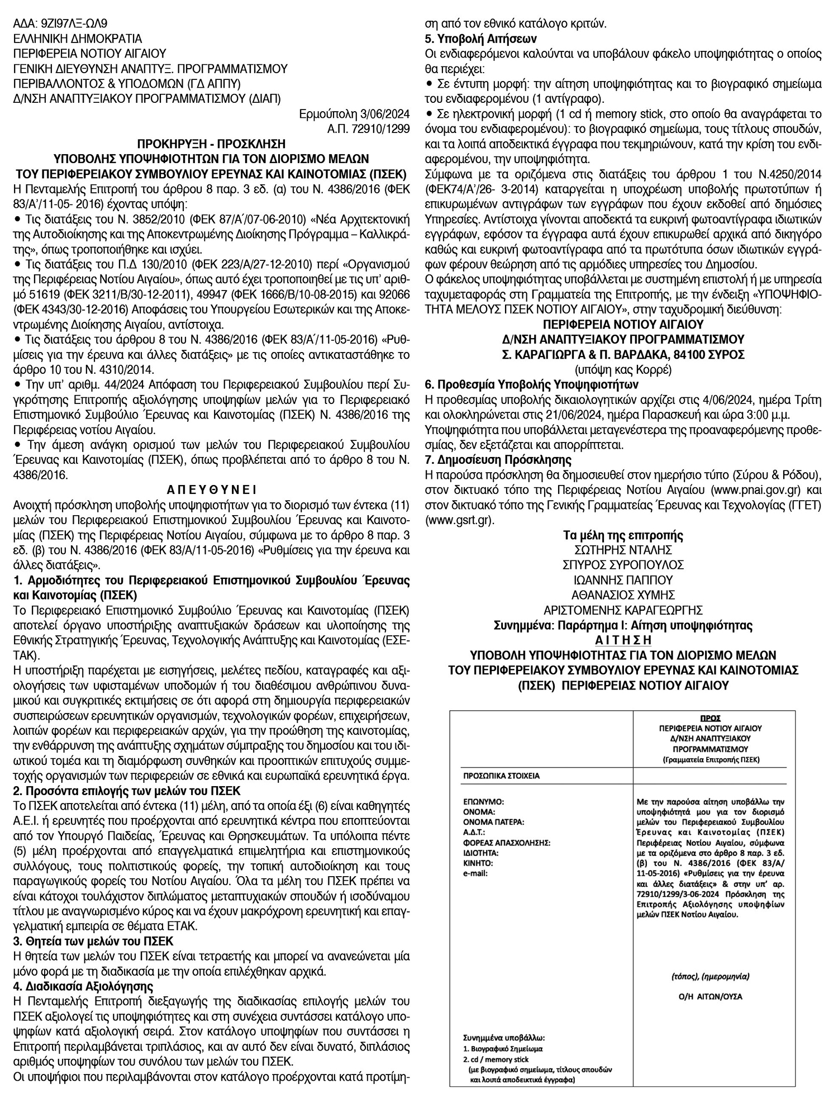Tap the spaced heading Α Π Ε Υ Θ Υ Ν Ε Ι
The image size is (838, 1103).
(x=212, y=490)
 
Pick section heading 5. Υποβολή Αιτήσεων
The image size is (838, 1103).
(x=481, y=39)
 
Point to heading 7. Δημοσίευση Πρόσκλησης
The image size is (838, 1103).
(x=506, y=460)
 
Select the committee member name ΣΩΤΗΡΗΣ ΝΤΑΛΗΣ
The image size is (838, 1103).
(x=624, y=550)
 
